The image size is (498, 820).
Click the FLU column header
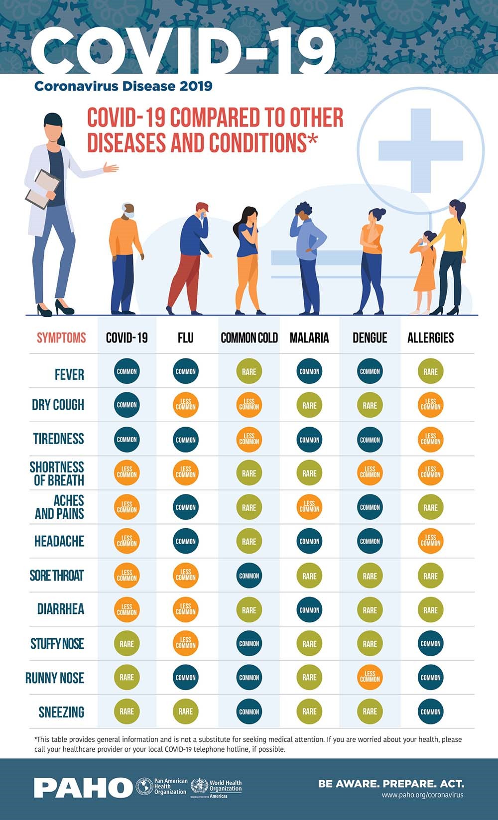click(186, 338)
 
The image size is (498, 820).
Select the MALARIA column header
click(309, 338)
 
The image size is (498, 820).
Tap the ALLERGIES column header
click(431, 338)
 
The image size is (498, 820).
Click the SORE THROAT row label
click(57, 576)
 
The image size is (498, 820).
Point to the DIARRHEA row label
click(61, 609)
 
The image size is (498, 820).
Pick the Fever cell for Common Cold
click(249, 371)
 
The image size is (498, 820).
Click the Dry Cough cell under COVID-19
click(126, 405)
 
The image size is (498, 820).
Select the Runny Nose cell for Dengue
click(370, 677)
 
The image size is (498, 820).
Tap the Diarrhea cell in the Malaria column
click(309, 610)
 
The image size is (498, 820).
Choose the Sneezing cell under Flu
click(186, 711)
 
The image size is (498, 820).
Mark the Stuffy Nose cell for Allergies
click(431, 643)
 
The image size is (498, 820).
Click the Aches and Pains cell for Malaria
click(309, 507)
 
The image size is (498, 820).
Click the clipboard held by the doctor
click(43, 189)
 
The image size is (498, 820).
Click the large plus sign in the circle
click(421, 150)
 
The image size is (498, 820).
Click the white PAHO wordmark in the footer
click(84, 788)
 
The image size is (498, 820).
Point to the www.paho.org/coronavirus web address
click(423, 795)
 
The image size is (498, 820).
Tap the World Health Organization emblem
click(199, 786)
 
